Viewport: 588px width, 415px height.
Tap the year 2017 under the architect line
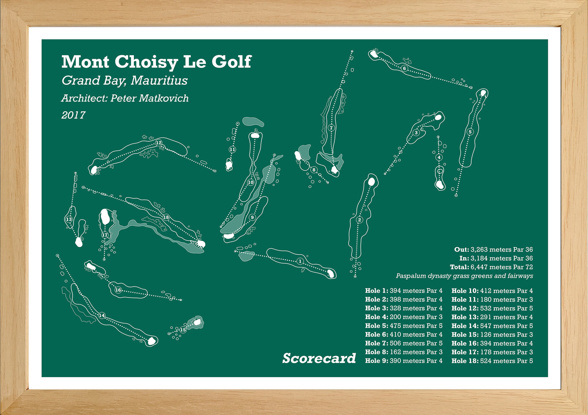[73, 115]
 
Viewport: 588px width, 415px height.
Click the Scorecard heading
[319, 359]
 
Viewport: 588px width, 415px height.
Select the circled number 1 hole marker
[300, 261]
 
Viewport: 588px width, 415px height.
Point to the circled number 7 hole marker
[331, 128]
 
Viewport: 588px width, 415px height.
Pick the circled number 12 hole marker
[159, 143]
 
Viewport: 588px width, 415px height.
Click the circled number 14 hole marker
[102, 315]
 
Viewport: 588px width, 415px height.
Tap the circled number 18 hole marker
[166, 217]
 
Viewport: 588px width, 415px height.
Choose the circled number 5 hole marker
[470, 132]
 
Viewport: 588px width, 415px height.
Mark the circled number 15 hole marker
[183, 330]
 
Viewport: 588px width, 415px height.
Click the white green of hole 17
[105, 217]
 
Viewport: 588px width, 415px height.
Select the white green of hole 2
[371, 182]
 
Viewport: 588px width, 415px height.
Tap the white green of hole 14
[151, 341]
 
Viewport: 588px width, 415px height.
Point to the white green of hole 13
[79, 242]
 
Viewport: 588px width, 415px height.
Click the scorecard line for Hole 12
[492, 308]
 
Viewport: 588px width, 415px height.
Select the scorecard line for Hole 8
[404, 352]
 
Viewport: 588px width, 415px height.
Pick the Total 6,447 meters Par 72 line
[492, 267]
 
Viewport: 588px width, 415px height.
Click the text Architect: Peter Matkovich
[125, 98]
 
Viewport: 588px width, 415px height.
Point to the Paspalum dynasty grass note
[464, 276]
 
